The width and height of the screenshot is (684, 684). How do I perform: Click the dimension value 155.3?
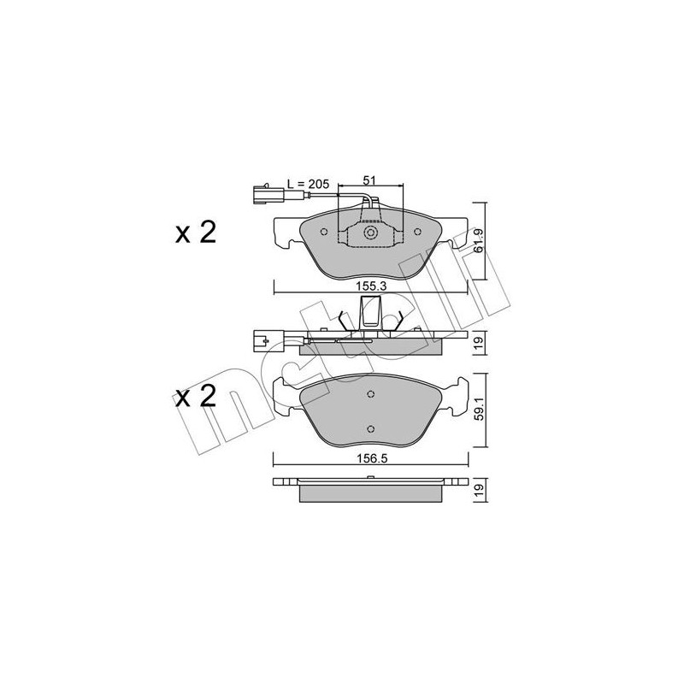point(371,286)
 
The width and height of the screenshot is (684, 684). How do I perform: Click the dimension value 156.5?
point(372,458)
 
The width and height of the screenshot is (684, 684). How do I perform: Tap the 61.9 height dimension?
point(479,241)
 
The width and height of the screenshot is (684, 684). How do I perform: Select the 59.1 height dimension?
point(479,410)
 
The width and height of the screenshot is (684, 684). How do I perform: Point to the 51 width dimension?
point(369,180)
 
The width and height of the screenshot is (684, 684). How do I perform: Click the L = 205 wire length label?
point(308,184)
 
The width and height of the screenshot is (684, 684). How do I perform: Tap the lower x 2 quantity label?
point(196,397)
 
